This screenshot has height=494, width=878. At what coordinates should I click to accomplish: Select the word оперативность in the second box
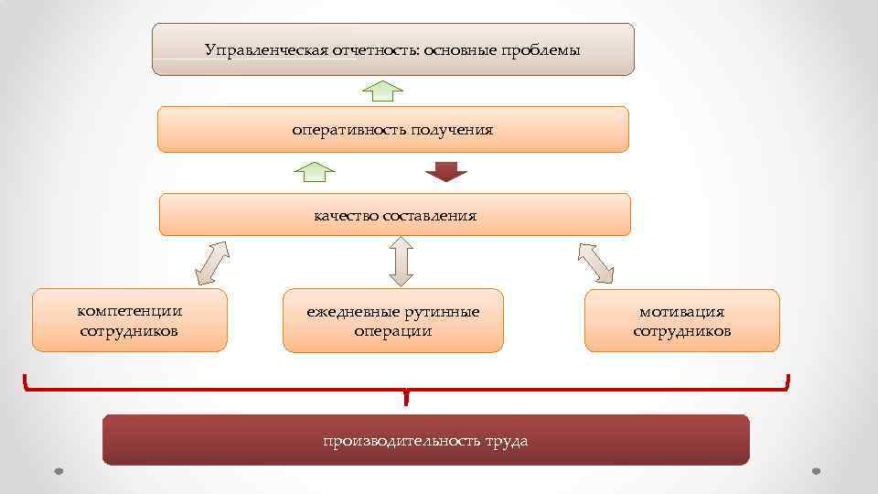click(348, 130)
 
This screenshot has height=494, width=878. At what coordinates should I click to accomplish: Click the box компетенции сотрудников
click(129, 320)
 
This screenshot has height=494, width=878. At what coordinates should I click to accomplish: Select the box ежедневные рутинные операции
click(392, 320)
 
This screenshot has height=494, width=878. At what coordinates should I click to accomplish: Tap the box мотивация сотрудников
click(682, 320)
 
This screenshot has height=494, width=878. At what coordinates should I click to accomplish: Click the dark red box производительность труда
click(425, 440)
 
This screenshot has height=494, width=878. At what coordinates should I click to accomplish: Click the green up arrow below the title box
click(382, 91)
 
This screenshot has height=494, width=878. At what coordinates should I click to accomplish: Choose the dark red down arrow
click(446, 171)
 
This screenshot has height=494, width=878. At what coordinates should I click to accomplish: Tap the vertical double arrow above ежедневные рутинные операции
click(401, 262)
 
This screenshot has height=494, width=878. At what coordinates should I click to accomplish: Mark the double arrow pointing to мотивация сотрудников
click(595, 263)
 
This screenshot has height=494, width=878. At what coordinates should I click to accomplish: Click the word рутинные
click(445, 312)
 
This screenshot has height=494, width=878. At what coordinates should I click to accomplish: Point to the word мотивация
click(682, 312)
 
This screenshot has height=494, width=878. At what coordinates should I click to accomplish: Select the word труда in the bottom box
click(506, 441)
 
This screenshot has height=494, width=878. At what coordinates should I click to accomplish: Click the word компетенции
click(129, 311)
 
